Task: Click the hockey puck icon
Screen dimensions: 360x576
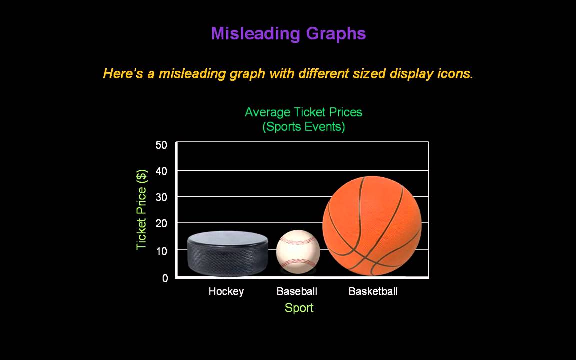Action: [227, 253]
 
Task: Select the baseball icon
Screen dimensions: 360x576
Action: [298, 251]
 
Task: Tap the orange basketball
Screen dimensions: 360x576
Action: [372, 225]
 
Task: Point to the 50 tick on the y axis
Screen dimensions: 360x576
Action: [161, 145]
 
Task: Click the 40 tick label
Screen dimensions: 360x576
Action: [161, 171]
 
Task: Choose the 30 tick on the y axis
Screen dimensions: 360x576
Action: [161, 197]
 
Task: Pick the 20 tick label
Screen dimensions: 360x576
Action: [161, 223]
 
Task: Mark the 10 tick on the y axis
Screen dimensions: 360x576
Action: [161, 251]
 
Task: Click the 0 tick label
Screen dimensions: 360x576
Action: [165, 278]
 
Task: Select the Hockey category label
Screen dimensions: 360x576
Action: [226, 291]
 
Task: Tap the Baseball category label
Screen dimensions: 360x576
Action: [297, 291]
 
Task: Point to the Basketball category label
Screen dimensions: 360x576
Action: [373, 291]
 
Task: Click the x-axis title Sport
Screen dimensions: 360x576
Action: [299, 308]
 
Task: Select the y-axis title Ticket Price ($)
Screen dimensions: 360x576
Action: [142, 209]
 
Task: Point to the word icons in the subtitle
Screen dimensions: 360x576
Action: [454, 74]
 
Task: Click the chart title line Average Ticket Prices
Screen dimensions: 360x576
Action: [303, 112]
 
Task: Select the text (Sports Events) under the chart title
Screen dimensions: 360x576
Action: [303, 127]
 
